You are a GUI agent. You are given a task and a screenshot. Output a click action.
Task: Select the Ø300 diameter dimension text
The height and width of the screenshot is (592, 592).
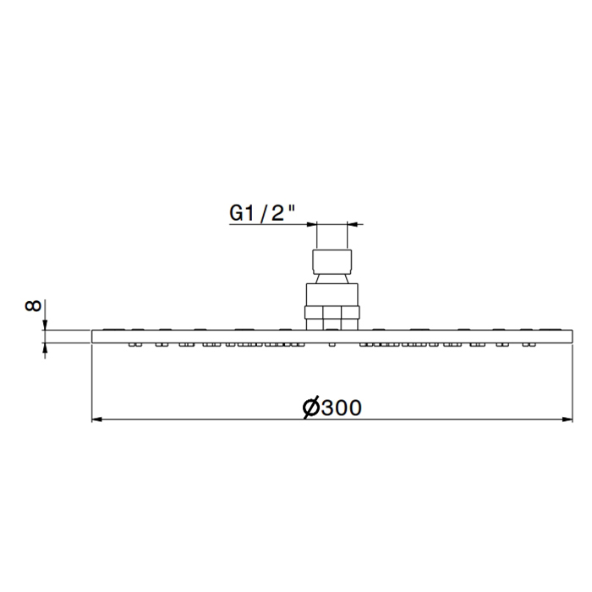coord(332,408)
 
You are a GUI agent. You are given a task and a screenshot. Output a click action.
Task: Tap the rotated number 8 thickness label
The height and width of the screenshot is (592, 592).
coord(33,305)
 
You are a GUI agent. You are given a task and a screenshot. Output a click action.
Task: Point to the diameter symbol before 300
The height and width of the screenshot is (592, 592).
coord(310,408)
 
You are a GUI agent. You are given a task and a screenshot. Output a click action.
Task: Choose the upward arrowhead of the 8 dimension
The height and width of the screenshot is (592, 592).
coord(46,348)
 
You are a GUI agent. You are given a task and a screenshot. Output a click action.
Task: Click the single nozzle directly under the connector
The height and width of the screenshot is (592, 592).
coord(332,344)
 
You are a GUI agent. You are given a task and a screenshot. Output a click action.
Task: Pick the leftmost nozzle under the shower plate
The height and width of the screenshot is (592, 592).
coord(134,344)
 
